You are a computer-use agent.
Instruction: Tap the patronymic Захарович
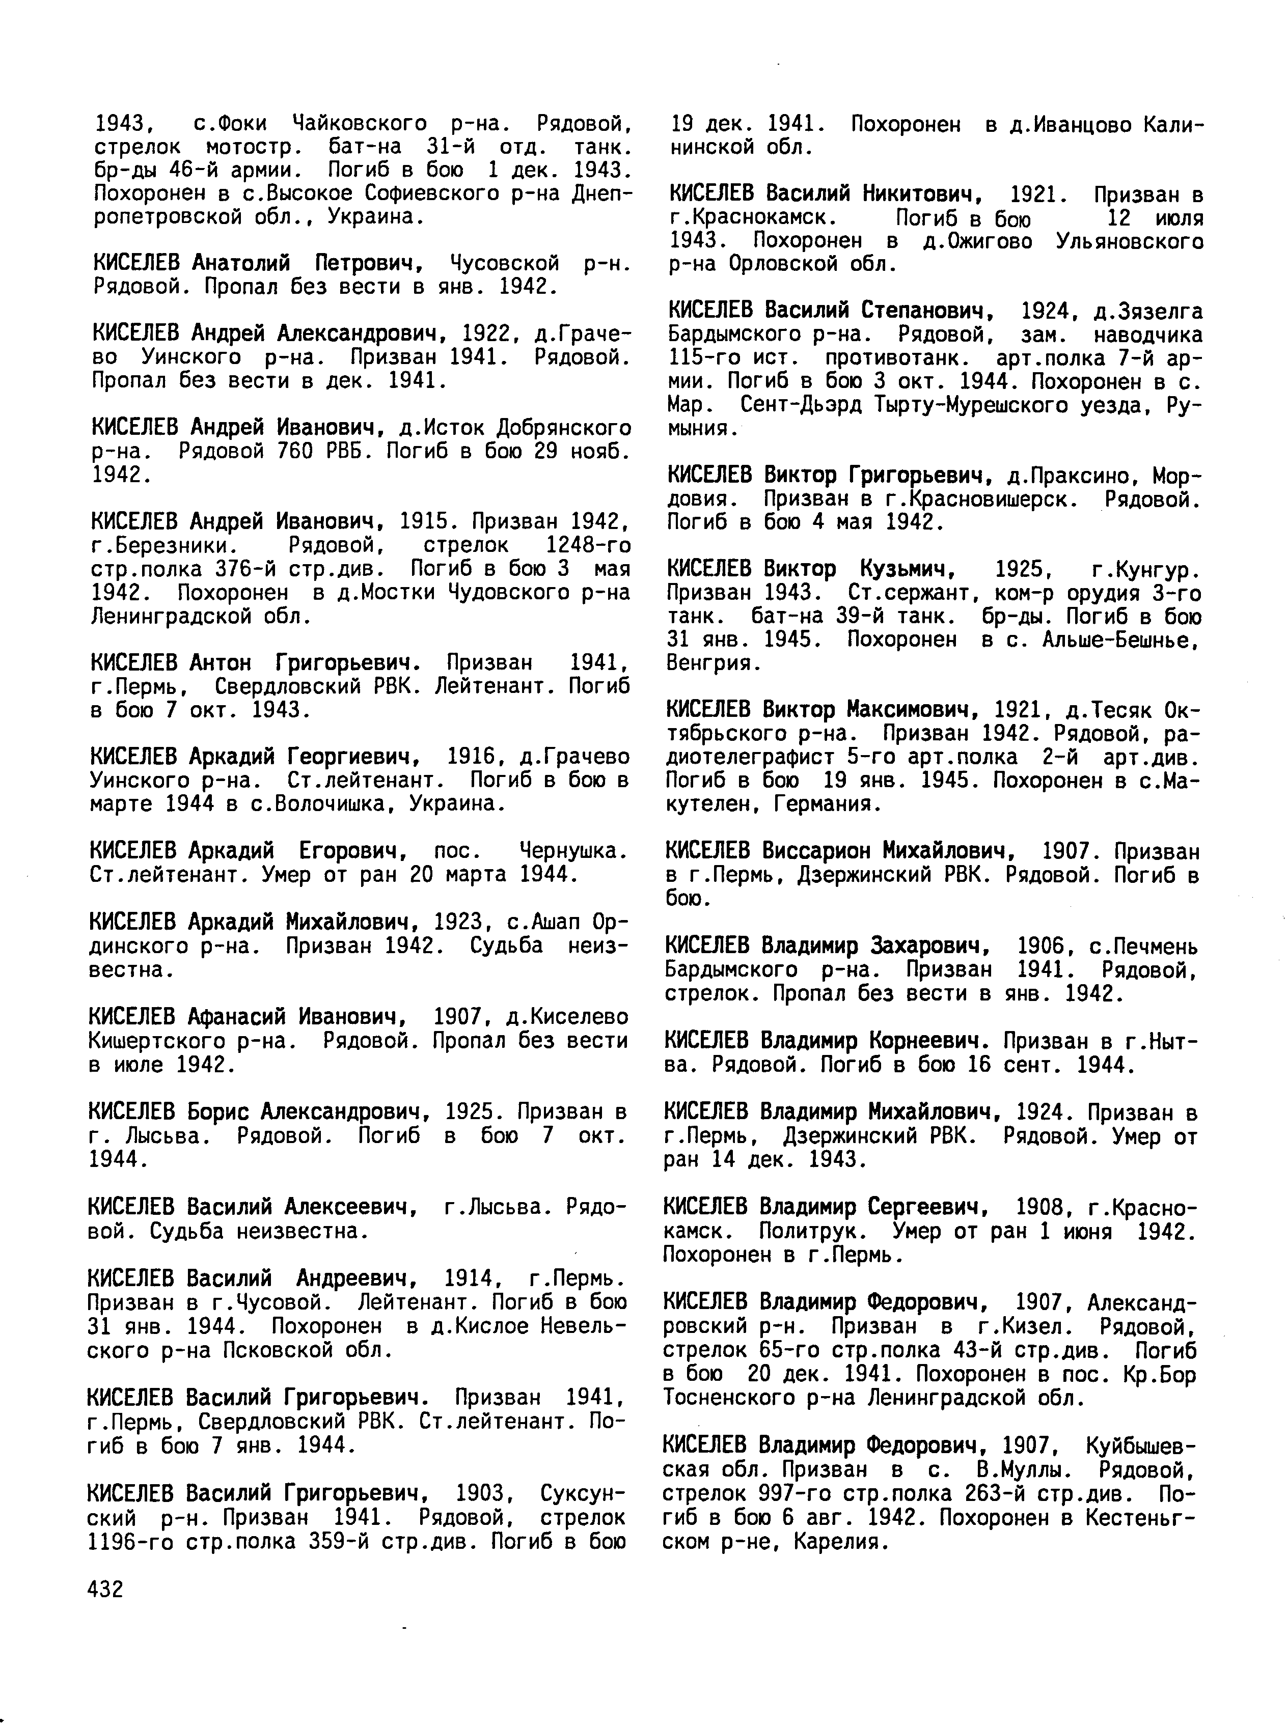(x=934, y=946)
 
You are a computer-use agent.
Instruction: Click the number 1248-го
(x=588, y=545)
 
